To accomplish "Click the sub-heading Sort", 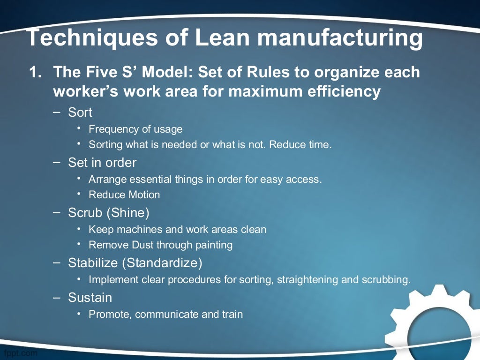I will click(80, 112).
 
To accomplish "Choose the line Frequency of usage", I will click(135, 129).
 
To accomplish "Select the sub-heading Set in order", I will click(102, 163).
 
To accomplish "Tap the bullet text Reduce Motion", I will click(124, 195).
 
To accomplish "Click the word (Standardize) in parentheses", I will click(162, 263).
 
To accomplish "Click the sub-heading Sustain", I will click(90, 298).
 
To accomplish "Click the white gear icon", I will click(434, 323).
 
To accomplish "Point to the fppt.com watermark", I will click(20, 353).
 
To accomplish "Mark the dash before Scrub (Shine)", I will click(57, 212).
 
